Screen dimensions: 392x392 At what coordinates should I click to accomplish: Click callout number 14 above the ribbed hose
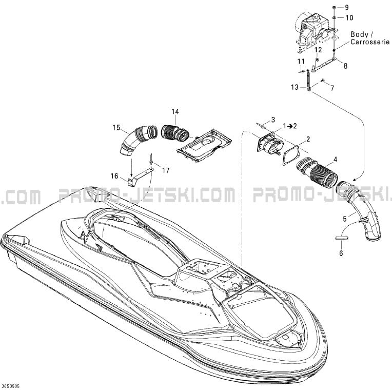(175, 112)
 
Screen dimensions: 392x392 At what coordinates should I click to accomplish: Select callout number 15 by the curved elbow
(116, 127)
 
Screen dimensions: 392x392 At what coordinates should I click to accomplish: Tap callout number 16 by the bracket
(114, 176)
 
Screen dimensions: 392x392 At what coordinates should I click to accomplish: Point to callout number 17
(166, 170)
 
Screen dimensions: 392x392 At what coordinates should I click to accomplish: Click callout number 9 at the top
(346, 8)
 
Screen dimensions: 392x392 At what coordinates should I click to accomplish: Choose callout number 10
(349, 18)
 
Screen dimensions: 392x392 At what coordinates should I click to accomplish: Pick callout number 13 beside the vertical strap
(295, 87)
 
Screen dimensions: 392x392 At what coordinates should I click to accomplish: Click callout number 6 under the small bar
(341, 253)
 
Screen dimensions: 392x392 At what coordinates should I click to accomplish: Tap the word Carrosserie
(370, 42)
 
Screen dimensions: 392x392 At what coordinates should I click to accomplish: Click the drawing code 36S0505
(10, 386)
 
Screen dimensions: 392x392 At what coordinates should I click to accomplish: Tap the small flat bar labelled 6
(342, 238)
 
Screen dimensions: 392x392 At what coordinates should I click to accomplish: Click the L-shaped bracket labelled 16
(139, 177)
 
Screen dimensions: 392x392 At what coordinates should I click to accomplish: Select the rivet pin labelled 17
(151, 159)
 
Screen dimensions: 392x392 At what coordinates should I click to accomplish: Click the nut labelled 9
(334, 8)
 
